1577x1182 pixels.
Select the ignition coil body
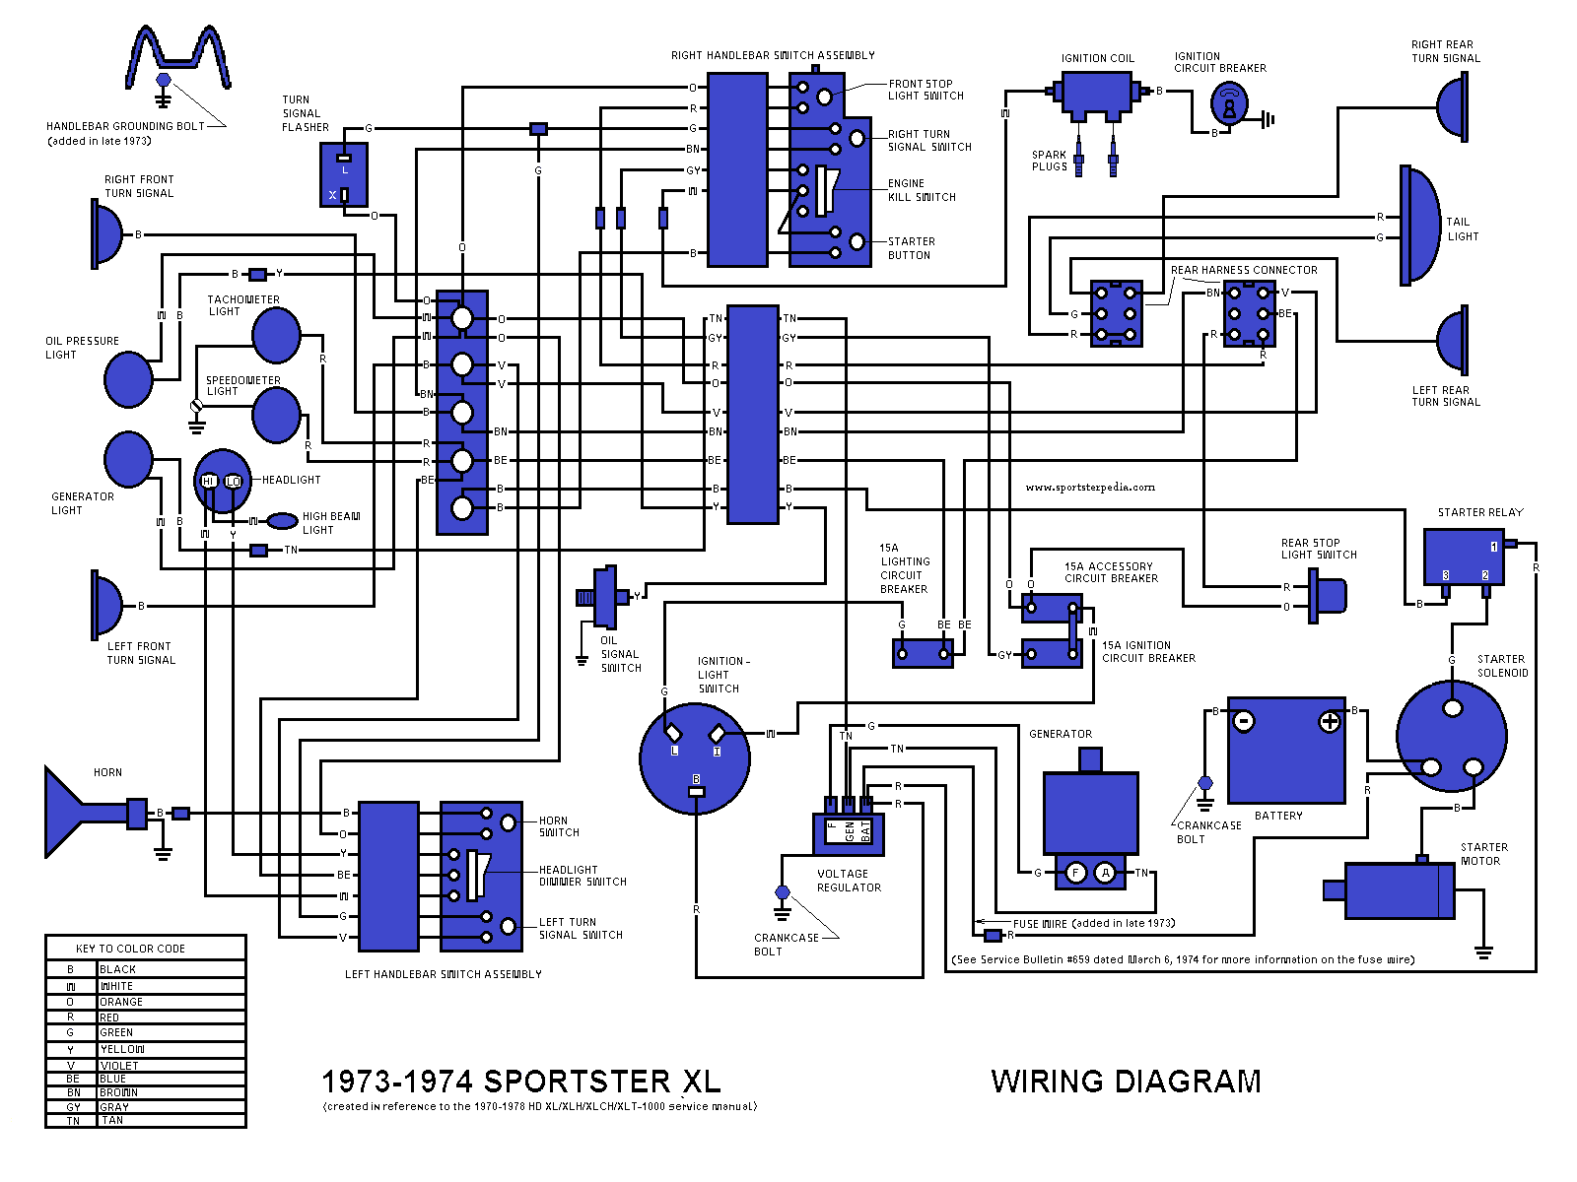[1097, 96]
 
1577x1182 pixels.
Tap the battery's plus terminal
[1330, 722]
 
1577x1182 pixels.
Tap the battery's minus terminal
[1244, 722]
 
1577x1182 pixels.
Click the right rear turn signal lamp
[1453, 106]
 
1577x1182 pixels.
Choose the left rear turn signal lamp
[1453, 340]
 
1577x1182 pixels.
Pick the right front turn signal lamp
[106, 234]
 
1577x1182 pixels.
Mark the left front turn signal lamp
[106, 605]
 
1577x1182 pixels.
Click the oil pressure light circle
[128, 379]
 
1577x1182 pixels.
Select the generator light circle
[128, 459]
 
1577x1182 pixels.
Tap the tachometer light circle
[276, 335]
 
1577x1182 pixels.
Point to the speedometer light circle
[276, 415]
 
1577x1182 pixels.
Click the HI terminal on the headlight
[209, 482]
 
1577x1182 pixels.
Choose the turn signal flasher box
[344, 174]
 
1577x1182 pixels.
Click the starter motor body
[1400, 890]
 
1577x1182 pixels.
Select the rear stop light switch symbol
[1327, 596]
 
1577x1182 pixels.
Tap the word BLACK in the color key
[118, 969]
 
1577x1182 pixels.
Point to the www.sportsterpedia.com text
[1090, 487]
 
